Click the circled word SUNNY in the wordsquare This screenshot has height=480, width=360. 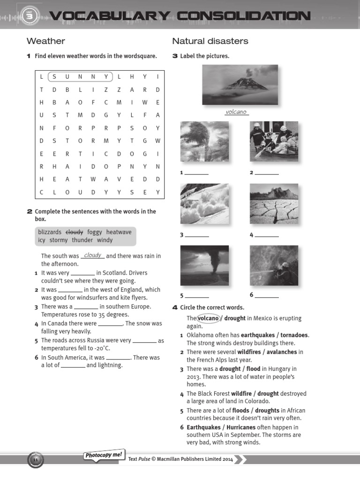(80, 77)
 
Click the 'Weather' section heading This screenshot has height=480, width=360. (45, 41)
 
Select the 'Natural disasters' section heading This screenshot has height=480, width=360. (210, 41)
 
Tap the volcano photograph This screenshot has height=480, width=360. (240, 84)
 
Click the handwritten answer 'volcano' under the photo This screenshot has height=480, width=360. (236, 112)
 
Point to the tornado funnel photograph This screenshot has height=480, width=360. (204, 265)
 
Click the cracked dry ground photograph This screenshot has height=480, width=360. (274, 203)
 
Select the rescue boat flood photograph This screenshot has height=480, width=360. (274, 141)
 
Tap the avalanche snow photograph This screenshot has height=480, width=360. (204, 203)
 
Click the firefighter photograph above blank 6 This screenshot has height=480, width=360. (274, 265)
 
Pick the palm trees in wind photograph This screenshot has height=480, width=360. (204, 141)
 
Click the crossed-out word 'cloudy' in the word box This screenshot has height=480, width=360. (74, 232)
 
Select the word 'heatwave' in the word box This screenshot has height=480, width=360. (119, 232)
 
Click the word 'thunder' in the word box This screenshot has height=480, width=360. (82, 240)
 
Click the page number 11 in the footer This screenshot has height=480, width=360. (36, 461)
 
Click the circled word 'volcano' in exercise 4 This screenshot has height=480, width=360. (208, 318)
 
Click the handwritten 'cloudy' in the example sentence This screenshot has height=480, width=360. (93, 255)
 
